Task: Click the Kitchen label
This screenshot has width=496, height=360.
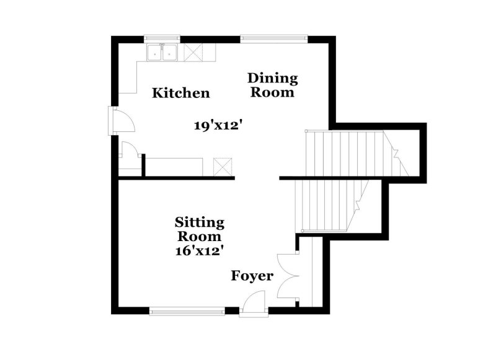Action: tap(181, 94)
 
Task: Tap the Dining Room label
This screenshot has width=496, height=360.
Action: tap(273, 86)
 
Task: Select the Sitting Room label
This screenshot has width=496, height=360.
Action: tap(199, 229)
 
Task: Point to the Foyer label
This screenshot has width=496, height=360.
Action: tap(252, 276)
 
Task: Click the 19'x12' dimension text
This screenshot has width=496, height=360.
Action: tap(216, 126)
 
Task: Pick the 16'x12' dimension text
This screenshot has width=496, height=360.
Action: tap(199, 250)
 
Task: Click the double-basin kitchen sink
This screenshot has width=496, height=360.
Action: tap(162, 53)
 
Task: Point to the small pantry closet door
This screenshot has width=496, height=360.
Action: tap(130, 153)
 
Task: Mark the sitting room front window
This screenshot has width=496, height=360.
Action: tap(187, 310)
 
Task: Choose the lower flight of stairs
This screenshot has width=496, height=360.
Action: tap(329, 204)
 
